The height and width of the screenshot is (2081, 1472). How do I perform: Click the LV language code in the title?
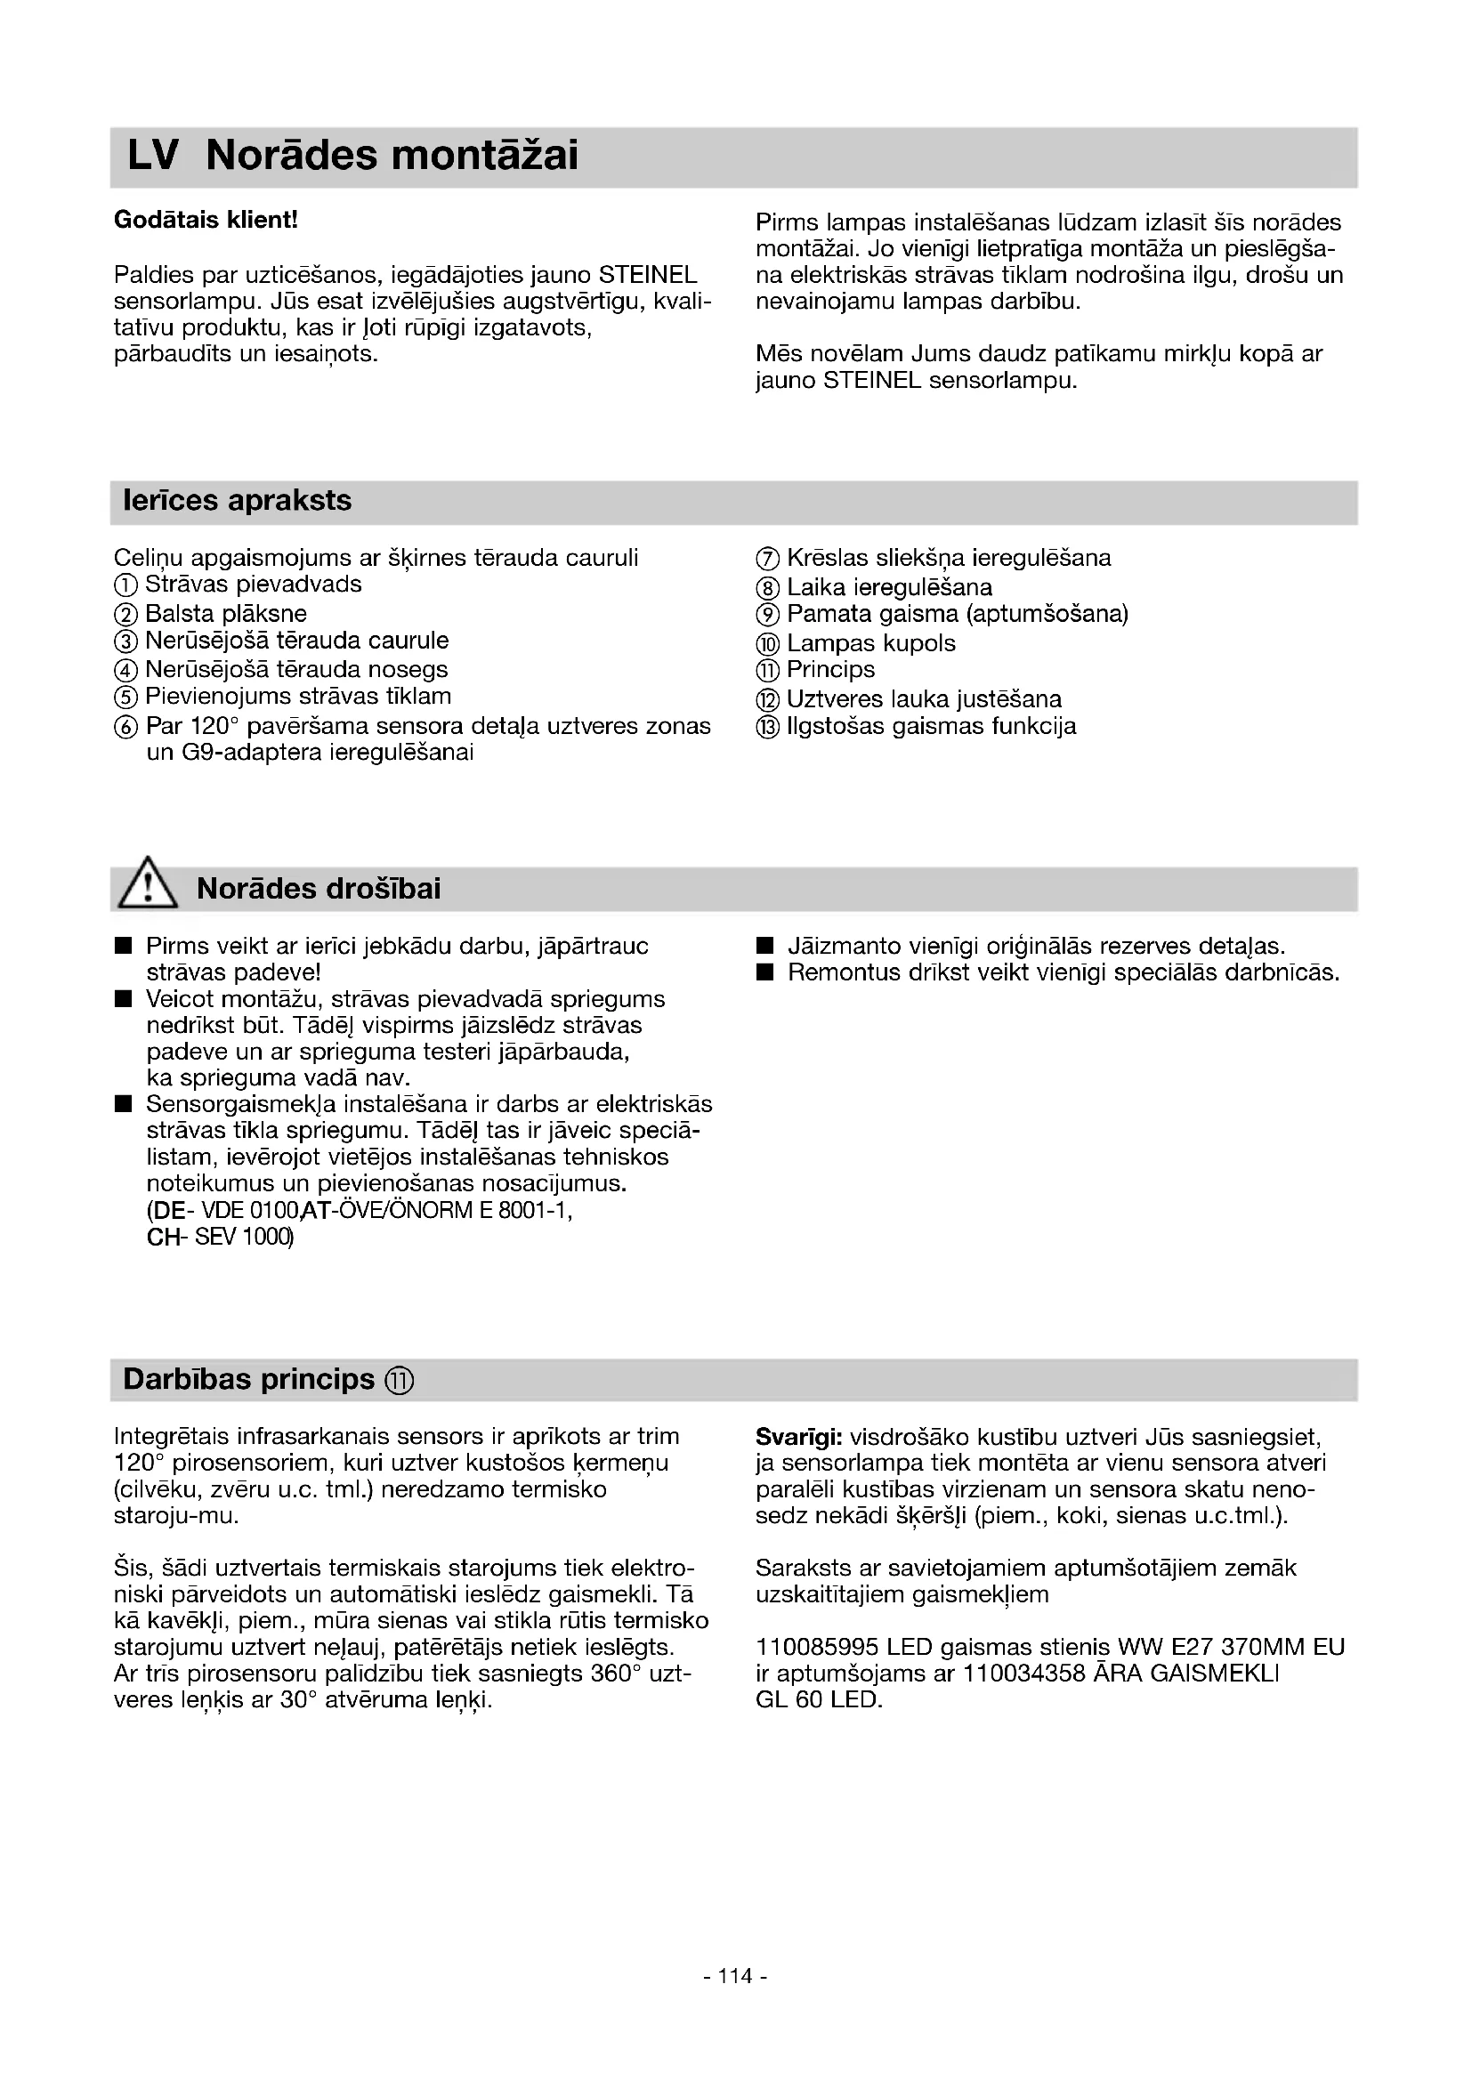pyautogui.click(x=152, y=156)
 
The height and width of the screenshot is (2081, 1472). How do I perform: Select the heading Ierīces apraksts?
pyautogui.click(x=238, y=500)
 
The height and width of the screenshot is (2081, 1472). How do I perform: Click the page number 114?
pyautogui.click(x=735, y=2001)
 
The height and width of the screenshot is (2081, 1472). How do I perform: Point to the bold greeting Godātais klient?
pyautogui.click(x=206, y=221)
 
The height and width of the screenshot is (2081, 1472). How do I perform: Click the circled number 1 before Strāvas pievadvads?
pyautogui.click(x=126, y=585)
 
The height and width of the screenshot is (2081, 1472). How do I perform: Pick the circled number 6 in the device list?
pyautogui.click(x=126, y=727)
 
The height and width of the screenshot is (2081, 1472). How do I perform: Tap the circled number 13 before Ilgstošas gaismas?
pyautogui.click(x=767, y=727)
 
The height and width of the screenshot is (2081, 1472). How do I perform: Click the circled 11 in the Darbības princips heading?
pyautogui.click(x=399, y=1381)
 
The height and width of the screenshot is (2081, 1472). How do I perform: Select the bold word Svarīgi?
pyautogui.click(x=798, y=1438)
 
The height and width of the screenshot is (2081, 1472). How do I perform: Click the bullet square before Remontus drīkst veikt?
pyautogui.click(x=765, y=973)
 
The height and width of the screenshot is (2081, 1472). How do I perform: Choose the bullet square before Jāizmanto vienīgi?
pyautogui.click(x=765, y=948)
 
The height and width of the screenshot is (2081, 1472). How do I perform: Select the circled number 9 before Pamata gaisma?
pyautogui.click(x=767, y=615)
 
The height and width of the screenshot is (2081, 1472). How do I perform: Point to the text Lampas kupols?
pyautogui.click(x=870, y=643)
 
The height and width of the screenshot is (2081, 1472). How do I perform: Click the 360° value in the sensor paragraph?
pyautogui.click(x=616, y=1674)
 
